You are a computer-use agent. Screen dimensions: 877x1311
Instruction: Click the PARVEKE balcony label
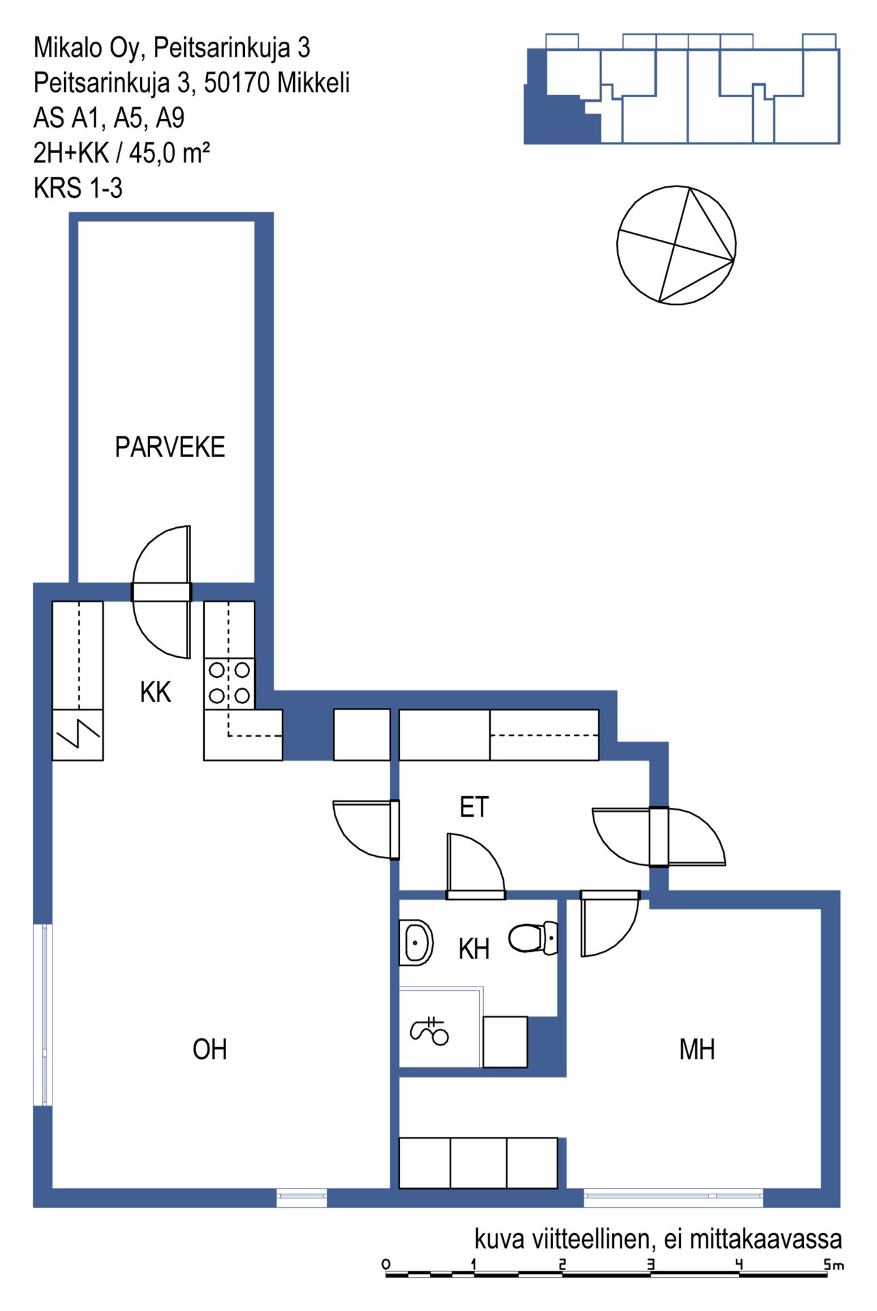(x=170, y=447)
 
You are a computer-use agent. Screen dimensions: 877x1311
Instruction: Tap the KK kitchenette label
(x=155, y=692)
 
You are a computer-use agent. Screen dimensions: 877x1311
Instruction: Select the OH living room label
(x=210, y=1049)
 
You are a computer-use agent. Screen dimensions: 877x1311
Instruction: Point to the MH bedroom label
(x=697, y=1049)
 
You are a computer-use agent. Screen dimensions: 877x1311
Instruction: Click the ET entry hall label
(x=474, y=807)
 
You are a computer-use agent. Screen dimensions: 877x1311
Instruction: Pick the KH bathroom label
(x=474, y=949)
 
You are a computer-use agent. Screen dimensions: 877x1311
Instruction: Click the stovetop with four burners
(x=229, y=683)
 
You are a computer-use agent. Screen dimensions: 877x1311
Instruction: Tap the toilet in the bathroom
(x=534, y=938)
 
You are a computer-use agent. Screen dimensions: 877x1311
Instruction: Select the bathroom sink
(x=416, y=943)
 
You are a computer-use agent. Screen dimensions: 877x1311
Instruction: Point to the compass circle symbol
(x=676, y=245)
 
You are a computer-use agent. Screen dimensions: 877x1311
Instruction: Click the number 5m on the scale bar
(x=834, y=1265)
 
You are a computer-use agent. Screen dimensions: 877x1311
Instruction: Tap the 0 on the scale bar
(x=386, y=1264)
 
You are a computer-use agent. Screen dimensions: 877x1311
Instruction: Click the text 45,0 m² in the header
(x=169, y=153)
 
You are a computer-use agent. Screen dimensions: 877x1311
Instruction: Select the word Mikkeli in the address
(x=314, y=83)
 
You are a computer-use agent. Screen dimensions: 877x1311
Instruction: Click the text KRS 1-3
(x=78, y=188)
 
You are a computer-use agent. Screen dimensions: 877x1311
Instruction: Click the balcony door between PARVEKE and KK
(x=162, y=592)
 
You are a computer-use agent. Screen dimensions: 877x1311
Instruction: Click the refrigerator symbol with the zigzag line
(x=78, y=735)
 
